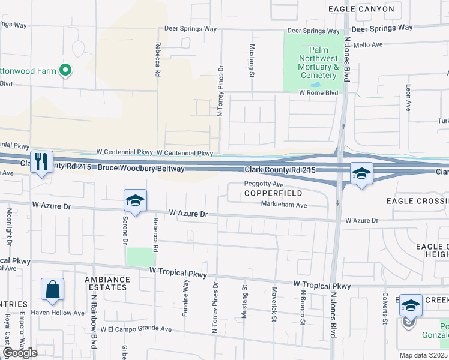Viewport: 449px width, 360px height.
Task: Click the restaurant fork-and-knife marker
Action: click(x=41, y=162)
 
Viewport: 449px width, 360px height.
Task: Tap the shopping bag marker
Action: click(x=53, y=289)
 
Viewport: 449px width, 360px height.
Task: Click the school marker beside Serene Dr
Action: click(x=136, y=201)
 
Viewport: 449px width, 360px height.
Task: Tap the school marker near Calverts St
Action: click(x=410, y=307)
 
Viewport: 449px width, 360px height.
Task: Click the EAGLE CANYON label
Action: click(x=361, y=9)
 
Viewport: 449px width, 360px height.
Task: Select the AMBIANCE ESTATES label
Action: click(x=107, y=283)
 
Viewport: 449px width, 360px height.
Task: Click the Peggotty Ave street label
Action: click(x=264, y=184)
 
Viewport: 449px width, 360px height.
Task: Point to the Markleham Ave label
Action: click(x=284, y=205)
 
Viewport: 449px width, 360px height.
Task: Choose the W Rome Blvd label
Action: click(x=319, y=93)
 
